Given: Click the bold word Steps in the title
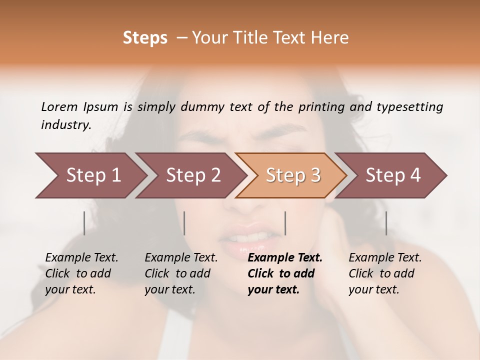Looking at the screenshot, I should (x=145, y=38).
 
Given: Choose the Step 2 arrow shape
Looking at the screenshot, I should (x=191, y=175).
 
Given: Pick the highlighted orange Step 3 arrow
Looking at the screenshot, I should (x=292, y=175).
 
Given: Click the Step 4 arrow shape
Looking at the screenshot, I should (x=392, y=175).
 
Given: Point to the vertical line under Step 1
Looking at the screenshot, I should (x=84, y=223).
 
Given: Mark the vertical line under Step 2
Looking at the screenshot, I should (x=184, y=223).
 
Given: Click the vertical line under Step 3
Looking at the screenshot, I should (x=285, y=223).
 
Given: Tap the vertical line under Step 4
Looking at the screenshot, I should (x=386, y=223).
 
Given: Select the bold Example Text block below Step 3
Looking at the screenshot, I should (x=284, y=273).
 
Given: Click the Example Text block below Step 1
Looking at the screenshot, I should (x=81, y=273).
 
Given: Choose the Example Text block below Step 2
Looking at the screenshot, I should (x=181, y=273).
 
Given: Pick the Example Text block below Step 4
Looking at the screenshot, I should (x=385, y=273).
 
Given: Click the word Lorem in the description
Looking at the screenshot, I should (x=59, y=107).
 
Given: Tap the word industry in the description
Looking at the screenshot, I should (x=65, y=125).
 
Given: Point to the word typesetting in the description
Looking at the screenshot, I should (x=409, y=107).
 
